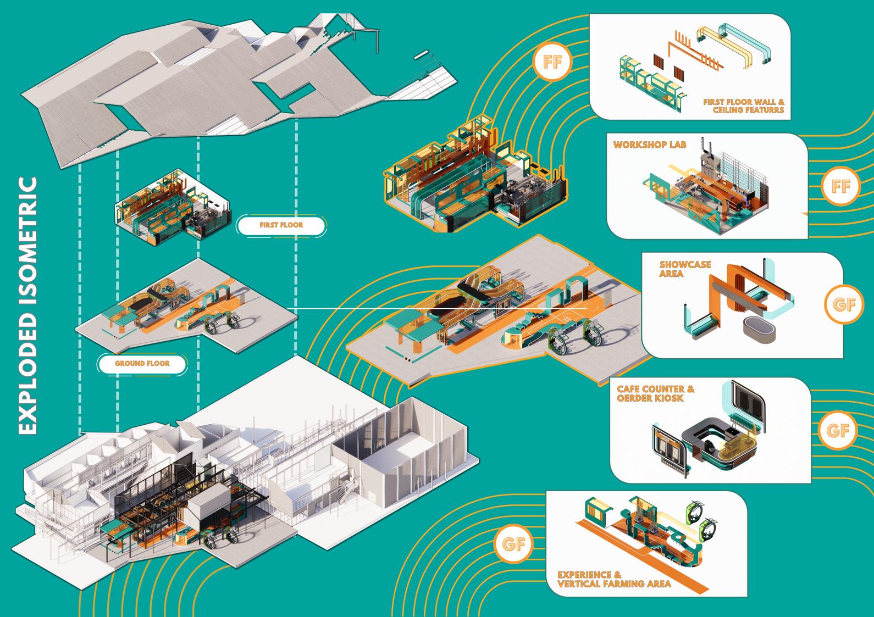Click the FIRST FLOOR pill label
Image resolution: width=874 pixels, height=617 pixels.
(281, 225)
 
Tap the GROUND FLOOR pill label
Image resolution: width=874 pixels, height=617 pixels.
(142, 363)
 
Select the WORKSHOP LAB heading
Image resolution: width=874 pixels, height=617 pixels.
(645, 146)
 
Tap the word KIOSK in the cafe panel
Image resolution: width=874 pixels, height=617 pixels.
(666, 398)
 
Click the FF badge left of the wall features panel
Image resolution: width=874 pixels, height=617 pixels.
(553, 62)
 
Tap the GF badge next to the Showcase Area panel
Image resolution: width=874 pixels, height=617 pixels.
(844, 304)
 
